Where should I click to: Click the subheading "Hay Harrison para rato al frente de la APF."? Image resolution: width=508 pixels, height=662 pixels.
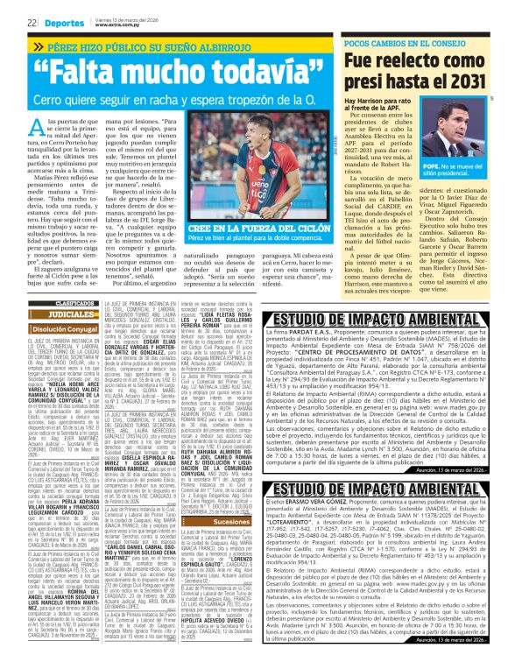point(385,108)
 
